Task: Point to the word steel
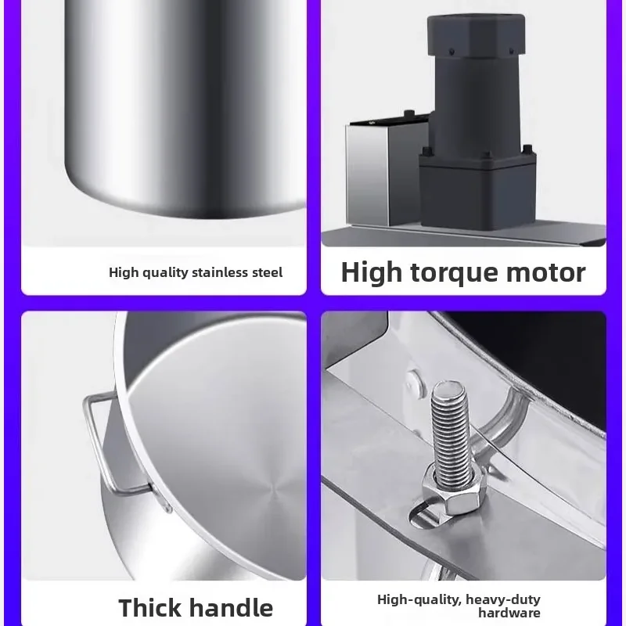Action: tap(266, 272)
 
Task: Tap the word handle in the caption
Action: tap(232, 607)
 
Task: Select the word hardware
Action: tap(509, 613)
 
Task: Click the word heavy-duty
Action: tap(503, 599)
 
